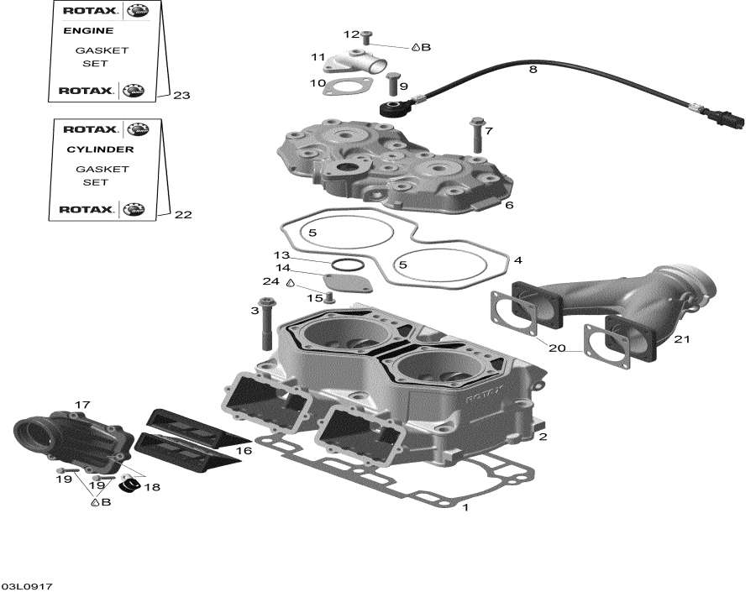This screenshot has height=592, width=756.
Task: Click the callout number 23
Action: point(181,96)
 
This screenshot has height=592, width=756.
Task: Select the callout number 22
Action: point(182,215)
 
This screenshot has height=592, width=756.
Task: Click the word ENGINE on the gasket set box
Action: point(88,31)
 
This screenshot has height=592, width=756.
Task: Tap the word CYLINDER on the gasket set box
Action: point(100,149)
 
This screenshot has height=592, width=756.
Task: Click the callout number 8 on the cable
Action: point(532,71)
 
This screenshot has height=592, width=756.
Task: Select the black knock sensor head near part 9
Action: point(391,107)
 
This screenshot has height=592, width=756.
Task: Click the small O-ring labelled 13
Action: point(343,265)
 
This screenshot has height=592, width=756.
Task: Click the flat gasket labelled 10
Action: point(346,86)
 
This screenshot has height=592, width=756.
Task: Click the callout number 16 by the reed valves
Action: point(244,452)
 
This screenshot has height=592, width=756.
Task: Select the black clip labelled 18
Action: point(130,485)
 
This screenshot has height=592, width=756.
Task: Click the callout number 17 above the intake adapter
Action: point(81,406)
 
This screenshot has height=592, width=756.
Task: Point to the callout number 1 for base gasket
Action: point(465,507)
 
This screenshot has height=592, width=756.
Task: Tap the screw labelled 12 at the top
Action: point(367,36)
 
